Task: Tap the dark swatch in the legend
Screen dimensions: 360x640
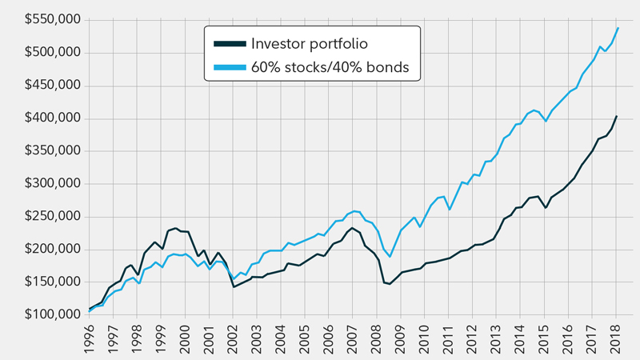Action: click(229, 43)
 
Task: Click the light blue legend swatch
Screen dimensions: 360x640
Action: click(229, 68)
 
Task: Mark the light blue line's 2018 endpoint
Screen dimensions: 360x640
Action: click(618, 28)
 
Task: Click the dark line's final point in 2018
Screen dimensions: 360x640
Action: click(616, 116)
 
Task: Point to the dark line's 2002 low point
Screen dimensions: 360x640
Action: click(233, 286)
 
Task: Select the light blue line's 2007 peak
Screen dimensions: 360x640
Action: click(354, 211)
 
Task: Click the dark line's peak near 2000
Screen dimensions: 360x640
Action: click(176, 228)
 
